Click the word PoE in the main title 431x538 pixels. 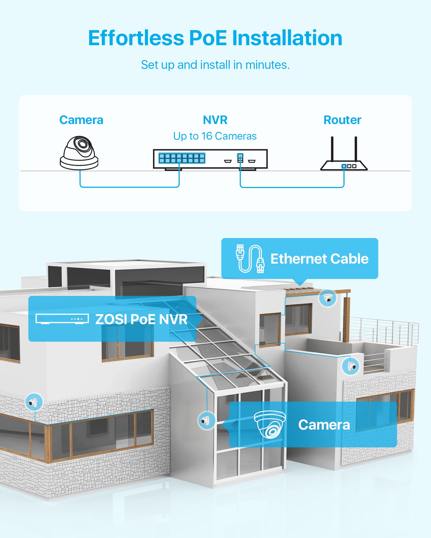[x=208, y=38]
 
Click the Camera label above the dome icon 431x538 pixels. [x=81, y=120]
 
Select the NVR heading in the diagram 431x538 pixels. [x=215, y=120]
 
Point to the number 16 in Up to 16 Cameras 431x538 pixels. [x=207, y=136]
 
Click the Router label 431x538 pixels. [x=342, y=120]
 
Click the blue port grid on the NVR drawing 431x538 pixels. [x=182, y=158]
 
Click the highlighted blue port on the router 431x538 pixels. [x=344, y=166]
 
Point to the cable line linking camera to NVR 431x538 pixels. [x=129, y=187]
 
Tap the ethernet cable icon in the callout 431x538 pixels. [x=250, y=259]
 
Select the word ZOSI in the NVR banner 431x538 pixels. [x=111, y=319]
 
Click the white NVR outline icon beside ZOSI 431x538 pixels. [x=62, y=319]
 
